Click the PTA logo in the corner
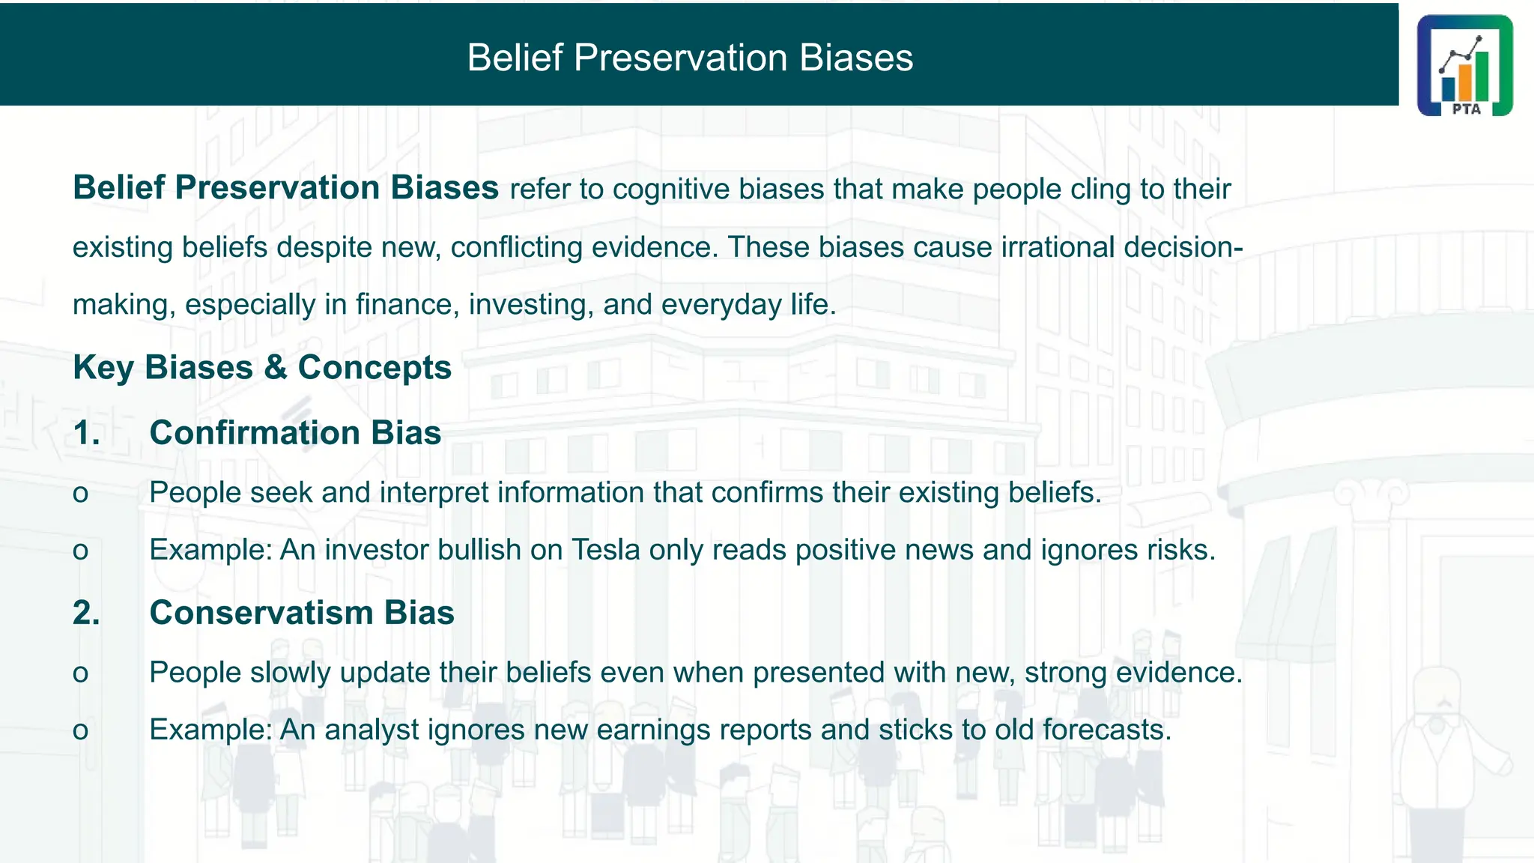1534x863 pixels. pos(1464,66)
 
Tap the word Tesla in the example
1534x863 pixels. pos(605,550)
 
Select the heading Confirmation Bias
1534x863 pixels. pos(295,433)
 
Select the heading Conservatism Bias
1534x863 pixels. pos(302,613)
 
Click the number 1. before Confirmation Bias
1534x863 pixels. pos(87,433)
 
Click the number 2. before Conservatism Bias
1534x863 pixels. pos(87,613)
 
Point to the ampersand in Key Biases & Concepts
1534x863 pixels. pos(275,368)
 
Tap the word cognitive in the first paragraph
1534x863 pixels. pos(670,189)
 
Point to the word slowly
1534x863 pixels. pos(290,673)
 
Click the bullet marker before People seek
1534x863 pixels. pos(80,494)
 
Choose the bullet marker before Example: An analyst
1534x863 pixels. pos(80,730)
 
